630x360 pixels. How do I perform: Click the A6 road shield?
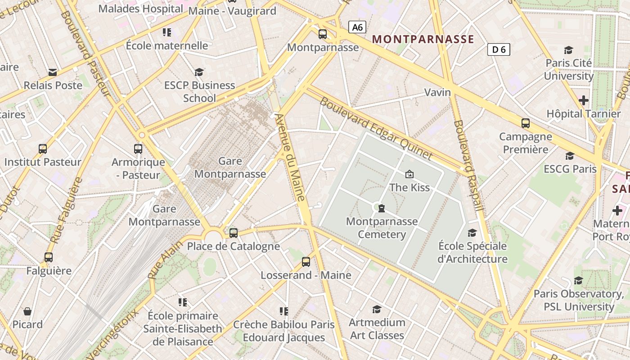pos(357,27)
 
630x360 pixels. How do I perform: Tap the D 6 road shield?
pos(499,49)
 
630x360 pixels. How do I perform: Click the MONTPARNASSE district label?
pos(423,39)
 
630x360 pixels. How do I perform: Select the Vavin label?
pos(437,92)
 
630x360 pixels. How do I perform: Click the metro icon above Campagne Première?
pos(525,123)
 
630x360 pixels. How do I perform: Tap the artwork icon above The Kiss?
pos(409,174)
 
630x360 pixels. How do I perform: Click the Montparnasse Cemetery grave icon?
pos(382,208)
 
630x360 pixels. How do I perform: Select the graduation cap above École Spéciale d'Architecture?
pos(472,233)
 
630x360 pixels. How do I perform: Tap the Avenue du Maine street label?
pos(290,157)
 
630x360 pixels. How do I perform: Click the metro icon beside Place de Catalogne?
pos(233,233)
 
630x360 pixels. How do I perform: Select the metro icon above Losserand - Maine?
pos(306,261)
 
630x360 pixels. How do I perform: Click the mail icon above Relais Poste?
pos(53,72)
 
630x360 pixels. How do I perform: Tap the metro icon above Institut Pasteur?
pos(43,148)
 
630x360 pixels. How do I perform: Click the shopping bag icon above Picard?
pos(27,311)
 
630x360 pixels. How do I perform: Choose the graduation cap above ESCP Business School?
pos(199,72)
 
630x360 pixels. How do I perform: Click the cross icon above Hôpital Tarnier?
pos(584,100)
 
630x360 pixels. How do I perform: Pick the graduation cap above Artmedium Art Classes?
pos(377,309)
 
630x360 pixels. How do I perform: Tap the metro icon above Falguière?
pos(49,257)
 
